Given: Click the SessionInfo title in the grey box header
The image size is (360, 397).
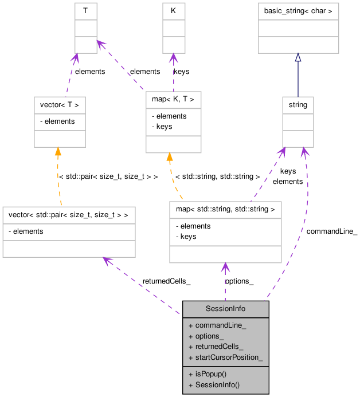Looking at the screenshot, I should pyautogui.click(x=225, y=309).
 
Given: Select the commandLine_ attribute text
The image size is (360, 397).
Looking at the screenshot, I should pyautogui.click(x=220, y=325).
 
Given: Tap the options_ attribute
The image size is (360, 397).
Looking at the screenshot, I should pyautogui.click(x=209, y=336).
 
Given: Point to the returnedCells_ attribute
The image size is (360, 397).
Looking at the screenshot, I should pyautogui.click(x=219, y=347).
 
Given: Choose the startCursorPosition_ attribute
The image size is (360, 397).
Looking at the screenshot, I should pyautogui.click(x=229, y=358).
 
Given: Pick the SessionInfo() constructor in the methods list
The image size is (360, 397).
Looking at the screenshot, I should pyautogui.click(x=217, y=384).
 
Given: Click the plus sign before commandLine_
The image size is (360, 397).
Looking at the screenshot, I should pyautogui.click(x=190, y=325).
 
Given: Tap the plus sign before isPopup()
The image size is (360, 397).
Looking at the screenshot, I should pyautogui.click(x=190, y=374).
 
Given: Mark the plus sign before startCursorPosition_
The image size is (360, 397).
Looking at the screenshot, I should pyautogui.click(x=190, y=358).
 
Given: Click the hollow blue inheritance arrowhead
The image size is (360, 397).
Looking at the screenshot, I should pyautogui.click(x=298, y=58).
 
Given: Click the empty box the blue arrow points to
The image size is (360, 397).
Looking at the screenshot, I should pyautogui.click(x=298, y=28).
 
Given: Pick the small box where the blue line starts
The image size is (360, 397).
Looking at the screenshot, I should pyautogui.click(x=298, y=121).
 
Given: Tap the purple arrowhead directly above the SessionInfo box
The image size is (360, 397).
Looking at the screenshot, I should pyautogui.click(x=225, y=268).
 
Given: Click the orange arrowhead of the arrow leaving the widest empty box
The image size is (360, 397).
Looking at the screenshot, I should pyautogui.click(x=58, y=152).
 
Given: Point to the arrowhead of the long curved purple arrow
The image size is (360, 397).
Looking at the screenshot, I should pyautogui.click(x=304, y=152).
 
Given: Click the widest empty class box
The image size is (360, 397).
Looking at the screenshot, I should pyautogui.click(x=69, y=232).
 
